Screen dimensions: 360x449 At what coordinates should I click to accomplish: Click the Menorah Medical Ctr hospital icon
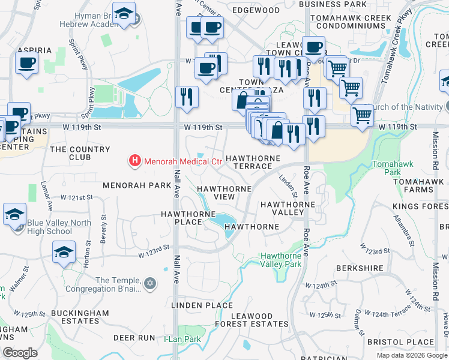(135, 161)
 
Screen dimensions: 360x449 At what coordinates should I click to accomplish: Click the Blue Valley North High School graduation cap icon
(14, 214)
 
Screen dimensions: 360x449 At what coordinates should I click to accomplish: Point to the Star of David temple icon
(150, 282)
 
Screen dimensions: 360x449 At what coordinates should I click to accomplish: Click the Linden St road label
(289, 185)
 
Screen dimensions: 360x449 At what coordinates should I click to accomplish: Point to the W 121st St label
(77, 197)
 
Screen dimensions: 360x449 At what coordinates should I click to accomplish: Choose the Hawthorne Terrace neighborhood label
(253, 162)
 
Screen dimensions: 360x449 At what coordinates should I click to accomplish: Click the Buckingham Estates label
(80, 317)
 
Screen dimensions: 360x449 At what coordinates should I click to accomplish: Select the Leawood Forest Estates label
(260, 320)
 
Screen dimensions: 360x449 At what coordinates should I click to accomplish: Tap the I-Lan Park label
(182, 339)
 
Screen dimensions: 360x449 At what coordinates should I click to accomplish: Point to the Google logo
(20, 353)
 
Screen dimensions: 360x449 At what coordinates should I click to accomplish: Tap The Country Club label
(80, 153)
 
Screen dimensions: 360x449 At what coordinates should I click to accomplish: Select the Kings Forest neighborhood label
(420, 207)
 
